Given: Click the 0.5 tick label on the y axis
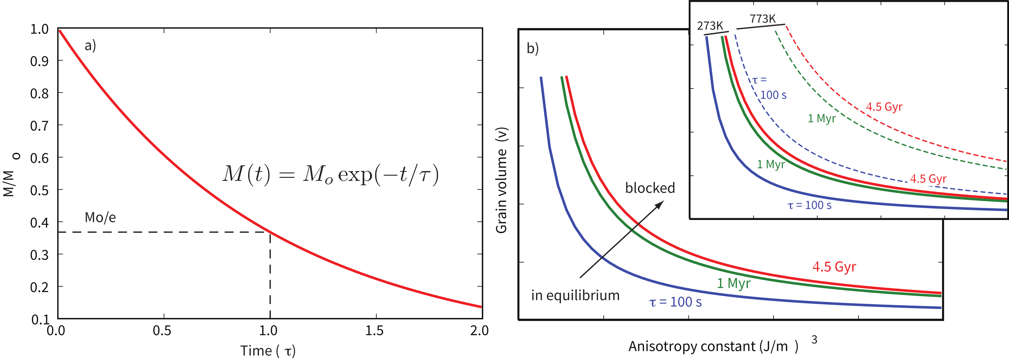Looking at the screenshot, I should tap(39, 190).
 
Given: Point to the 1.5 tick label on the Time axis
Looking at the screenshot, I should tap(374, 331).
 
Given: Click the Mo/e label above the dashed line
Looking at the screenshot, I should tap(100, 217).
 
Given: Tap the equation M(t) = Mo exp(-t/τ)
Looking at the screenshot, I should tap(331, 174).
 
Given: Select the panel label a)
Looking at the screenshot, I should tap(90, 46).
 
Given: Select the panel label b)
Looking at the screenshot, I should tap(533, 48).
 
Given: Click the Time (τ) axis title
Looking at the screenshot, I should tap(268, 351).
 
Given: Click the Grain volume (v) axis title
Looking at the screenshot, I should tap(502, 180).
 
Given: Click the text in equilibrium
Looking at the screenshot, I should tap(575, 295).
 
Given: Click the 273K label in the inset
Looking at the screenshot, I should tap(710, 26).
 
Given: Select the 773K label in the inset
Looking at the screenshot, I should tap(762, 19).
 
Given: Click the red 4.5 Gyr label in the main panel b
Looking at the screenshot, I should tap(834, 267).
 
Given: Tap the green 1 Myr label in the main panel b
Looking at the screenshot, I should tap(733, 283).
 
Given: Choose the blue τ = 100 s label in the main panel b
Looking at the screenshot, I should tap(675, 302).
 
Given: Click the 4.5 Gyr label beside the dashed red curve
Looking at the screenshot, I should tap(884, 107).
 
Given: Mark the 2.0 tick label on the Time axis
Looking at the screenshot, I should tap(479, 331).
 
